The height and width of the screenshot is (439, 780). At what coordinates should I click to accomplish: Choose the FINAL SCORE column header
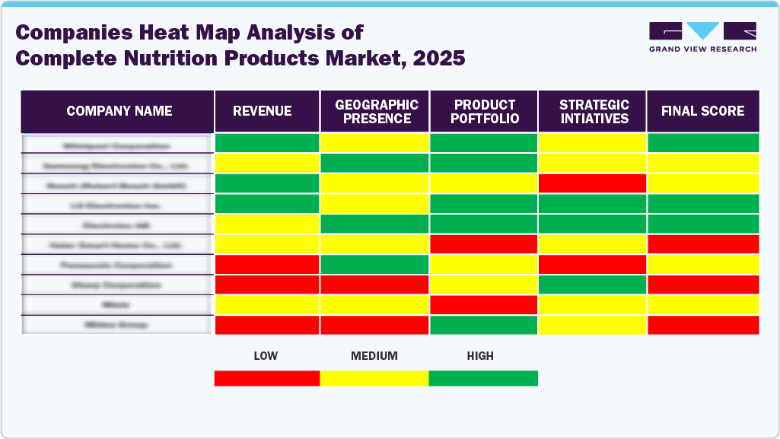click(702, 111)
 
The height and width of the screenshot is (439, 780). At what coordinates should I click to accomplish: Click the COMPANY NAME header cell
click(119, 111)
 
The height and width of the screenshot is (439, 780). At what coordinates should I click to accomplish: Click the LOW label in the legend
click(266, 356)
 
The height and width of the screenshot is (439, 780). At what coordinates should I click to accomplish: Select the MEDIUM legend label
click(374, 356)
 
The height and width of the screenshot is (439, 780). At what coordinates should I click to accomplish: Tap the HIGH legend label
click(480, 356)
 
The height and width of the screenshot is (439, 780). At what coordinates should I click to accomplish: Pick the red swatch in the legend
click(266, 378)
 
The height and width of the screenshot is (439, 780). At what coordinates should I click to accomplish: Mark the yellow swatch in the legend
click(374, 378)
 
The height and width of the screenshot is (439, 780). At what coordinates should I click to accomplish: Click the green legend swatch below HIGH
click(483, 378)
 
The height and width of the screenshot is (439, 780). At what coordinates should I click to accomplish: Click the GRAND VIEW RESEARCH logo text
click(702, 49)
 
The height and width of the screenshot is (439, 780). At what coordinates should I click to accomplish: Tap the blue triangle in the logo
click(702, 31)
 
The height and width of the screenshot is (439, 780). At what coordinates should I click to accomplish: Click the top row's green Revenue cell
click(267, 143)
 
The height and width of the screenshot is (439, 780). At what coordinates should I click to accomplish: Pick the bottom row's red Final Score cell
click(702, 325)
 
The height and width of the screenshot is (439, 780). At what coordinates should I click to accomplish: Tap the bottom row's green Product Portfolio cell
click(484, 325)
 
